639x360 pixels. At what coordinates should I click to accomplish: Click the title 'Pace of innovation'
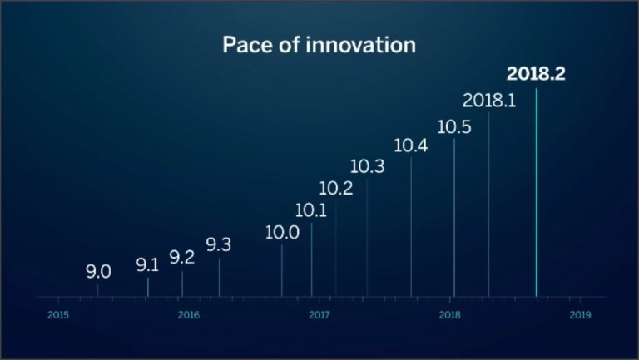[x=319, y=45]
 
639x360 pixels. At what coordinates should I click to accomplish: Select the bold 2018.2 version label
[x=536, y=74]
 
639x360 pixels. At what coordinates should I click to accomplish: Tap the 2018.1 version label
[x=489, y=101]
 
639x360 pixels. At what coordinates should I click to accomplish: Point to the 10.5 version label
[x=453, y=127]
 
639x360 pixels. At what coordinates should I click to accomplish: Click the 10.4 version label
[x=411, y=146]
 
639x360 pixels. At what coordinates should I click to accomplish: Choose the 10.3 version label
[x=367, y=167]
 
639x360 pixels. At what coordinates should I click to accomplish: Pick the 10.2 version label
[x=335, y=189]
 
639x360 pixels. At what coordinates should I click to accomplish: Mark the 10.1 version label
[x=311, y=211]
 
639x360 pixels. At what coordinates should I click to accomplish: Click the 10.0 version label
[x=282, y=233]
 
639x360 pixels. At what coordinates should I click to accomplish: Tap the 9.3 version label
[x=219, y=245]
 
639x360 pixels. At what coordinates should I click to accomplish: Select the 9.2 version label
[x=181, y=258]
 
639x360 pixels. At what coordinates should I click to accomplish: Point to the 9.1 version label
[x=147, y=266]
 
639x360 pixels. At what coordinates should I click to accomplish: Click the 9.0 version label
[x=98, y=272]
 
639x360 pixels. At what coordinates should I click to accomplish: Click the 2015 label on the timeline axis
[x=58, y=315]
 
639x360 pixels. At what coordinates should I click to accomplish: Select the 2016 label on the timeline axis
[x=189, y=315]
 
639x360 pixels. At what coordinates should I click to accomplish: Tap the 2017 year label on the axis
[x=319, y=315]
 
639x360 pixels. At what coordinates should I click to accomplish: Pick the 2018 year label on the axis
[x=449, y=315]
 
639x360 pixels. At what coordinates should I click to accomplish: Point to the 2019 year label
[x=580, y=315]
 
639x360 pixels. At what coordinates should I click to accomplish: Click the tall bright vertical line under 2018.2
[x=537, y=191]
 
